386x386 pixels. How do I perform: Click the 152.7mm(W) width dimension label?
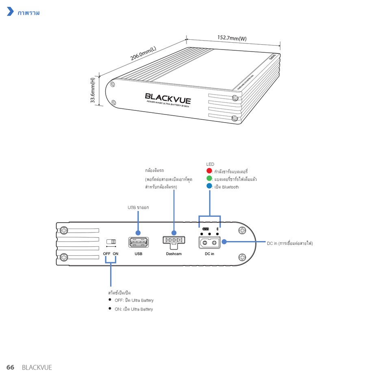[x=232, y=38]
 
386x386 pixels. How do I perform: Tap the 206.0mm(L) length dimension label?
[x=143, y=54]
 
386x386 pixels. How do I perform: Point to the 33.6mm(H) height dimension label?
[x=93, y=91]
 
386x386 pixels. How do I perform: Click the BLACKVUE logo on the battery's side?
[x=168, y=98]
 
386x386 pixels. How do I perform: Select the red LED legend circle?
[x=209, y=171]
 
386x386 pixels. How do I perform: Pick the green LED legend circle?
[x=209, y=179]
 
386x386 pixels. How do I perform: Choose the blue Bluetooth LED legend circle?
[x=209, y=186]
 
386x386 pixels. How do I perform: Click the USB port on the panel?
[x=138, y=242]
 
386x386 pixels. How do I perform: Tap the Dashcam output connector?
[x=173, y=240]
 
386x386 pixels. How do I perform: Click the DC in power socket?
[x=209, y=242]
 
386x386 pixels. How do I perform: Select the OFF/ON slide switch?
[x=111, y=242]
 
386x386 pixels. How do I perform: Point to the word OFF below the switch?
[x=106, y=254]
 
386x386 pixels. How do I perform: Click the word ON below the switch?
[x=116, y=254]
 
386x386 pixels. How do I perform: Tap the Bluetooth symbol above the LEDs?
[x=217, y=229]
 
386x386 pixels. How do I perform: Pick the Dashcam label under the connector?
[x=173, y=254]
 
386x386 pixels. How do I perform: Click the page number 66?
[x=10, y=367]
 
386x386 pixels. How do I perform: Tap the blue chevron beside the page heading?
[x=11, y=12]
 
